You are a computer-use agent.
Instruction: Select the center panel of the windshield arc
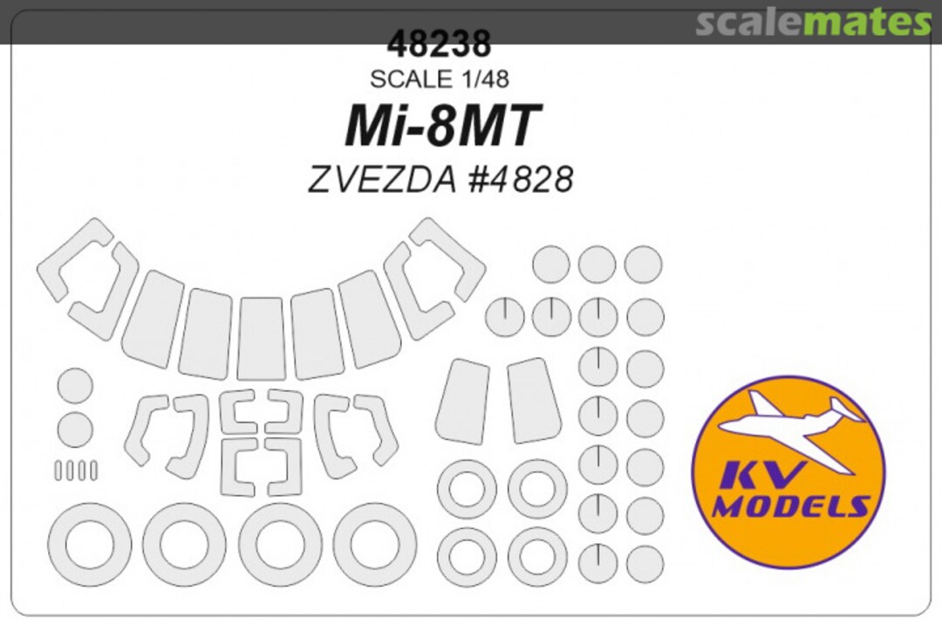[x=262, y=338]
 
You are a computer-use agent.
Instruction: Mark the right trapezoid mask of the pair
[x=533, y=400]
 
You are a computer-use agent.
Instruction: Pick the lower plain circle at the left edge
[x=75, y=430]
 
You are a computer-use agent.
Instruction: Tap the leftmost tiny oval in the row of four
[x=58, y=471]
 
